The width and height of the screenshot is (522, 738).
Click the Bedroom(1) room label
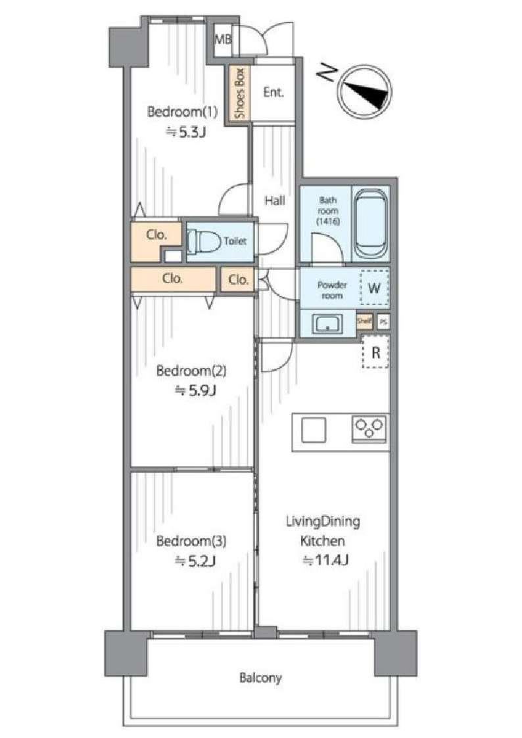[183, 112]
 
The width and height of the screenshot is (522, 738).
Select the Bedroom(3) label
[191, 541]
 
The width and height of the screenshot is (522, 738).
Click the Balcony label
[260, 678]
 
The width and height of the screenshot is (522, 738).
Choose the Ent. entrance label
[273, 92]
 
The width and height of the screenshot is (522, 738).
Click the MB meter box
[223, 39]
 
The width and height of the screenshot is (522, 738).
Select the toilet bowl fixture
[204, 242]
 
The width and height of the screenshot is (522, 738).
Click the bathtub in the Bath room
[370, 224]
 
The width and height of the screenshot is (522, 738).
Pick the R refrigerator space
[375, 352]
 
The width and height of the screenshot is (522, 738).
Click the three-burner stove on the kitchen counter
[370, 428]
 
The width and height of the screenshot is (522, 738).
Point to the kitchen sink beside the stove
[314, 430]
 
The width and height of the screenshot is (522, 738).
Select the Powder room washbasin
[327, 324]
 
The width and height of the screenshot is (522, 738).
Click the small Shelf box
[364, 321]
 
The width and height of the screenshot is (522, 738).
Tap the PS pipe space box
[383, 322]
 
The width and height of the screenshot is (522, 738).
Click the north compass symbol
[366, 91]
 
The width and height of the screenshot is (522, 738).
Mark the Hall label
[274, 201]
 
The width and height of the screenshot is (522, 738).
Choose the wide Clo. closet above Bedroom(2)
[173, 279]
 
